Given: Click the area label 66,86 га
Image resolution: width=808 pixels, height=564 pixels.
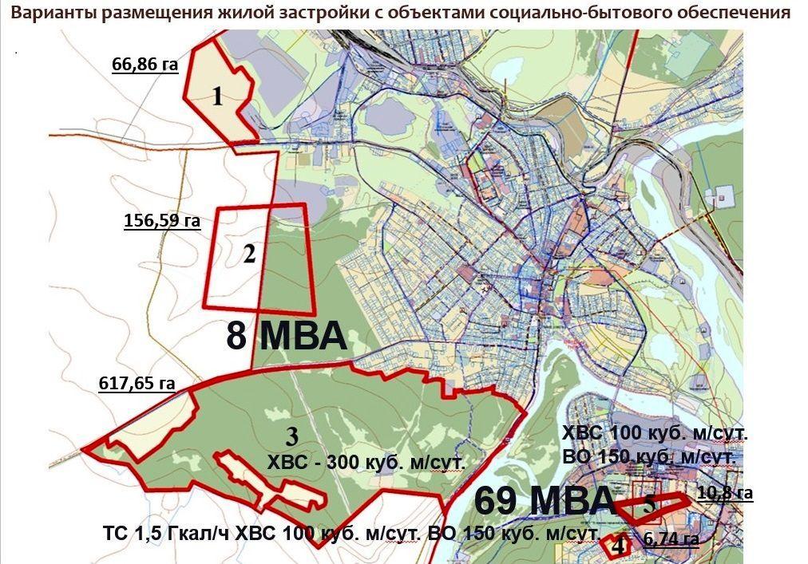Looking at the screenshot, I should [145, 65].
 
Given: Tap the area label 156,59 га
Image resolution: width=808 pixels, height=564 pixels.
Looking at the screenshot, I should [162, 220].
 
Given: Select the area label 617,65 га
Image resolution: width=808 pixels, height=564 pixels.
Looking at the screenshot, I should [137, 383].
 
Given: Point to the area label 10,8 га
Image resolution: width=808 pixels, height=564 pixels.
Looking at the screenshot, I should [725, 493].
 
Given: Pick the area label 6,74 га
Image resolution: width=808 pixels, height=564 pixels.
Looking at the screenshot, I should [671, 539].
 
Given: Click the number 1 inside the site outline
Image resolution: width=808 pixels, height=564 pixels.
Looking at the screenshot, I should [217, 97].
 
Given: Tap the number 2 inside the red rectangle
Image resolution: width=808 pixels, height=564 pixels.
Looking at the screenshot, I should [249, 255].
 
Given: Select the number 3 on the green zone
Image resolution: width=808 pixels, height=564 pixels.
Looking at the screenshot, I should [291, 436].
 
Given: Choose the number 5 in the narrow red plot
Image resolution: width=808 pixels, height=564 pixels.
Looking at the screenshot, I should [650, 503].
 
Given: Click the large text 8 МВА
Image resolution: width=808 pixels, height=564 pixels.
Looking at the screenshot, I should [287, 337].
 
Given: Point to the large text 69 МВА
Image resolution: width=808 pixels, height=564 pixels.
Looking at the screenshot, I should [545, 501].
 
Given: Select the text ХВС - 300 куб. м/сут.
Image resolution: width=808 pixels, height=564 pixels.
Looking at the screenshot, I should [366, 462].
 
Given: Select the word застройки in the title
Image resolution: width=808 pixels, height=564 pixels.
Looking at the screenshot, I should [290, 14].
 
